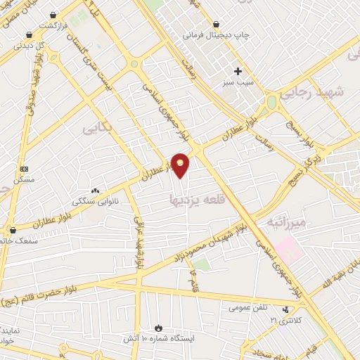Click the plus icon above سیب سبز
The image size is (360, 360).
[238, 71]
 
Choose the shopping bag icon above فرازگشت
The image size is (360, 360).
[53, 14]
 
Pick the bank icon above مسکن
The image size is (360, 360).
[24, 169]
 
